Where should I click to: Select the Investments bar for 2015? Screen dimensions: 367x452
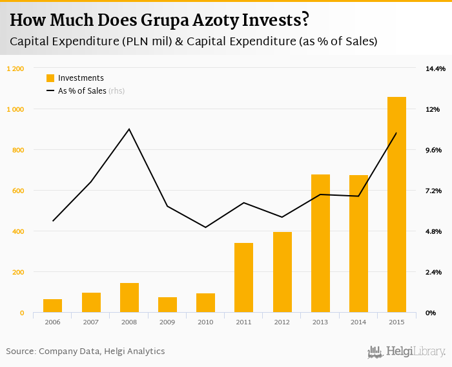(396, 205)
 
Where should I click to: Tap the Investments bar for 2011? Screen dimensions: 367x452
(243, 278)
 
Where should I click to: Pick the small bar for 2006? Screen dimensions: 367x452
(52, 306)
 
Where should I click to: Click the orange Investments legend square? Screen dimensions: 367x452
(50, 78)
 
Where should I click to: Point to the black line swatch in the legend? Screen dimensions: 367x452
(50, 91)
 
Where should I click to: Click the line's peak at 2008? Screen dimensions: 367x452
(129, 129)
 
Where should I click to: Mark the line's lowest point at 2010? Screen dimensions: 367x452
(205, 227)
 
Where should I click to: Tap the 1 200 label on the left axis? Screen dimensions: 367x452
(15, 68)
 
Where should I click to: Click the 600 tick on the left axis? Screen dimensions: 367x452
(19, 191)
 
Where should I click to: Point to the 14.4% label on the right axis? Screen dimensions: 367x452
(435, 68)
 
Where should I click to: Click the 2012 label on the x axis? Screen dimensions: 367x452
(282, 322)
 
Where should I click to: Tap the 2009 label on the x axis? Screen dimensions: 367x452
(167, 322)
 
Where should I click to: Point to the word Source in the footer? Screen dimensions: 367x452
(20, 351)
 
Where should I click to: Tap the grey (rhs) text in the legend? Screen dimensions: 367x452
(117, 91)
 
